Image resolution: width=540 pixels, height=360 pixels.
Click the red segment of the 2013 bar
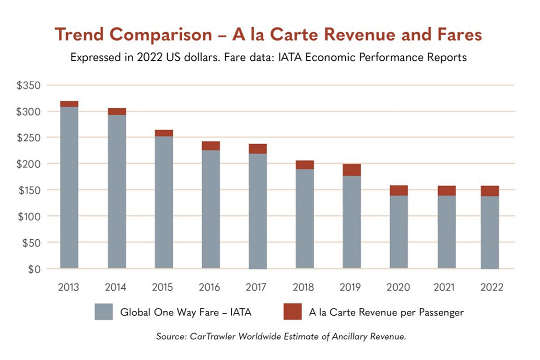click(x=69, y=104)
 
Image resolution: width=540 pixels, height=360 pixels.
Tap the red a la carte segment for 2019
click(x=352, y=170)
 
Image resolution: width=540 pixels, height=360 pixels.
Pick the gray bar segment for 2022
click(x=490, y=232)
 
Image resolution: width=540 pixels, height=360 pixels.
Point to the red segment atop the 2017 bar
click(x=258, y=148)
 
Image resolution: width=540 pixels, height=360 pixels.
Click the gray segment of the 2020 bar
click(x=399, y=232)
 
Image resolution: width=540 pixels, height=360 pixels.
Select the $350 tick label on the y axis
click(x=28, y=85)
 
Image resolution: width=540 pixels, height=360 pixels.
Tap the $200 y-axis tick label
click(x=28, y=164)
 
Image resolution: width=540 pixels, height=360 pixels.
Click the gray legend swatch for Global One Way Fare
click(x=103, y=312)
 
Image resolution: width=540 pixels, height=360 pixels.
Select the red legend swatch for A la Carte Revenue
click(x=292, y=312)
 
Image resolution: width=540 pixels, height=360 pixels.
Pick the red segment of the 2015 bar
click(x=164, y=133)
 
